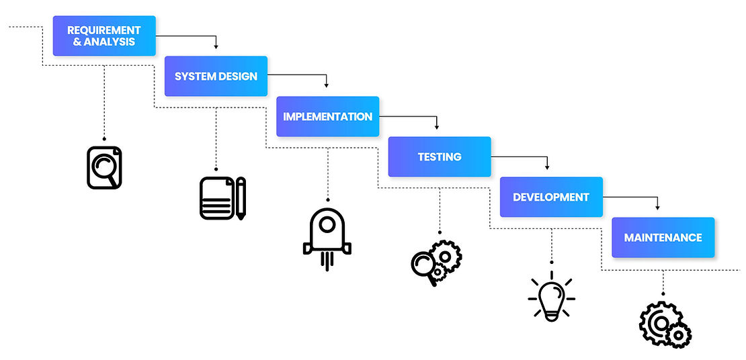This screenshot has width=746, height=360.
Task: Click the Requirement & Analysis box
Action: point(104,36)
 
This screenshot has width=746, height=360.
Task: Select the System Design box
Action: point(216,76)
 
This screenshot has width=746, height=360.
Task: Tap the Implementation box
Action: point(327,116)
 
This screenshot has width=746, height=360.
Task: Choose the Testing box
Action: point(440,156)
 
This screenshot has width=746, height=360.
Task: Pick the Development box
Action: point(551,197)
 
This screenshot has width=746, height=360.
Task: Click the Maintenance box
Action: point(663,237)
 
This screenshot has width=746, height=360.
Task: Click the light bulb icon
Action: point(552,298)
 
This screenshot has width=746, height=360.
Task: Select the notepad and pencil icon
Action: point(222,197)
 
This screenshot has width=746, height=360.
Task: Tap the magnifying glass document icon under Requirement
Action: point(104,167)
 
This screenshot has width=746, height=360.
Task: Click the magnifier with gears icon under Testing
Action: point(436,262)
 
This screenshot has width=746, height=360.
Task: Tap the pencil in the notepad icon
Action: point(240,198)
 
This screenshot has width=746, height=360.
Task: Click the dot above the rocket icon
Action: point(327,199)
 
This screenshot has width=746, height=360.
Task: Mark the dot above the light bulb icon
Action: point(552,262)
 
